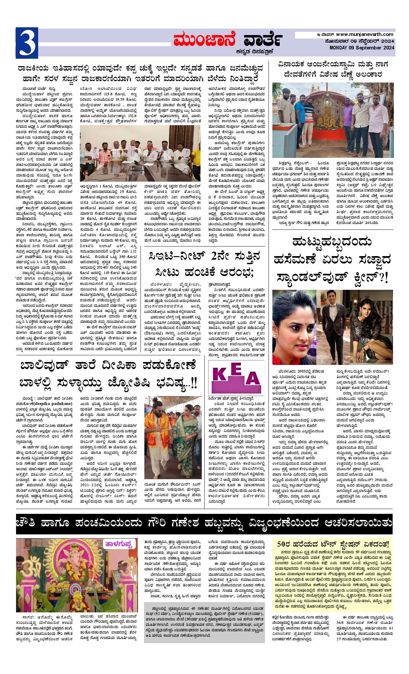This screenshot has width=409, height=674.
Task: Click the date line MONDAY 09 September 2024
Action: pyautogui.click(x=362, y=48)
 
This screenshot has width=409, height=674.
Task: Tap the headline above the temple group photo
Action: pyautogui.click(x=332, y=69)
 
